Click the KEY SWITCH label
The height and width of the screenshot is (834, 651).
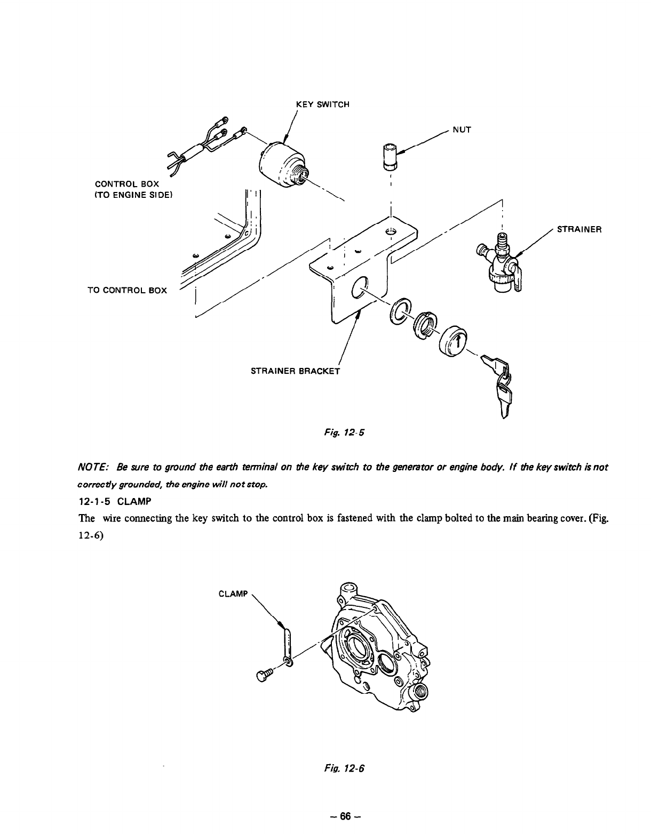point(322,105)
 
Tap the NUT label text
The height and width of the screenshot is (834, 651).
point(462,130)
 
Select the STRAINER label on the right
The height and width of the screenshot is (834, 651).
point(579,230)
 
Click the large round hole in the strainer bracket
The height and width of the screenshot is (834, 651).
point(359,288)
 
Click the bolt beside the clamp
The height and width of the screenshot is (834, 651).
point(264,675)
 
